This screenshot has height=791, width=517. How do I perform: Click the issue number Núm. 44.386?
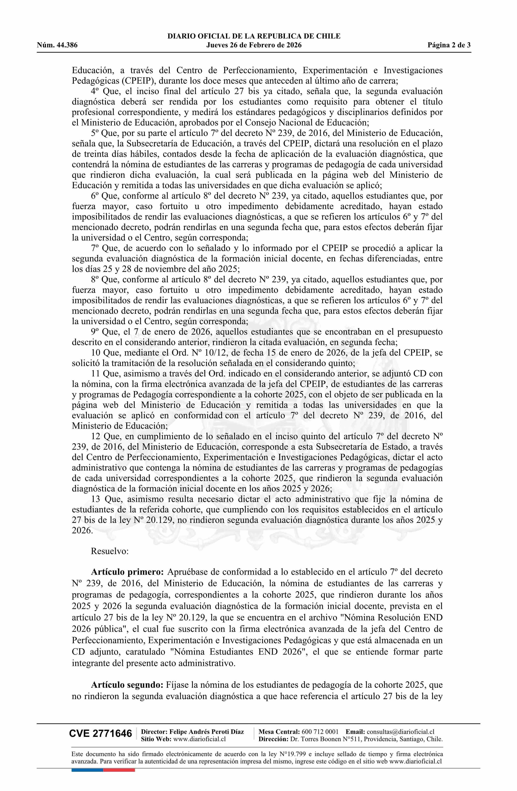pos(57,45)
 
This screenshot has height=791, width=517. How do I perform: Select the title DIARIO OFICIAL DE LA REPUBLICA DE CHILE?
pos(254,36)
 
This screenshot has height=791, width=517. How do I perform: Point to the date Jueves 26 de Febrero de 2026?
pos(254,45)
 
